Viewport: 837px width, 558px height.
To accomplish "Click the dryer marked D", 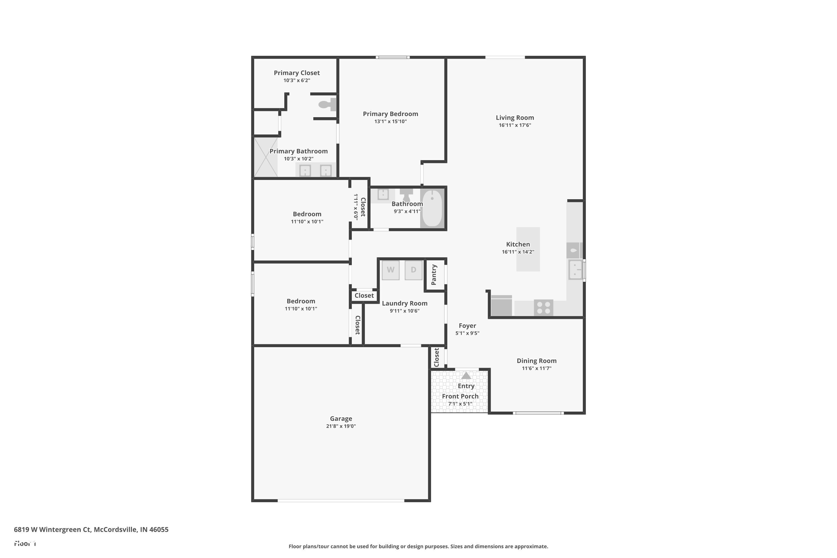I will click(x=413, y=270).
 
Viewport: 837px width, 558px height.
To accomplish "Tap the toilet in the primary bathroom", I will click(x=327, y=105).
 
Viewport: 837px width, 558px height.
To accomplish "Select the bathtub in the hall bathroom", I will click(x=432, y=208).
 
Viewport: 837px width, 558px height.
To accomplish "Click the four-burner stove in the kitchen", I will click(x=543, y=307).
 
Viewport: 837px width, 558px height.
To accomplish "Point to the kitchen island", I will click(x=528, y=249).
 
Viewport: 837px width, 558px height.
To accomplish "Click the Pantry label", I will click(x=434, y=275).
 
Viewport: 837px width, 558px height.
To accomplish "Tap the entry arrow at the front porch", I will click(x=466, y=376).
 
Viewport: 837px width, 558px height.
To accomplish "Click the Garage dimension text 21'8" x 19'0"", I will click(x=341, y=426).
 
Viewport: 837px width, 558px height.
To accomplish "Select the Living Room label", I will click(x=514, y=117).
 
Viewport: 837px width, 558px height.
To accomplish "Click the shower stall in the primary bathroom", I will click(x=266, y=157).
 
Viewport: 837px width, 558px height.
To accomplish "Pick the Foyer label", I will click(x=467, y=326).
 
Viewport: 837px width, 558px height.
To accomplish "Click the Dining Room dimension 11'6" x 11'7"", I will click(x=536, y=368).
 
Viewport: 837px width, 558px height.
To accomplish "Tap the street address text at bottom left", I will click(x=91, y=529).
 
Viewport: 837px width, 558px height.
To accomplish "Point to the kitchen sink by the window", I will click(x=575, y=270).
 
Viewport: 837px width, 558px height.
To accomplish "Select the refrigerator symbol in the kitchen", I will click(x=501, y=306).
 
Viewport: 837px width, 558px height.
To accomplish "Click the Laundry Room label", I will click(x=404, y=303).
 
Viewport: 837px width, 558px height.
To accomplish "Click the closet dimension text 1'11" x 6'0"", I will click(x=355, y=207).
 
